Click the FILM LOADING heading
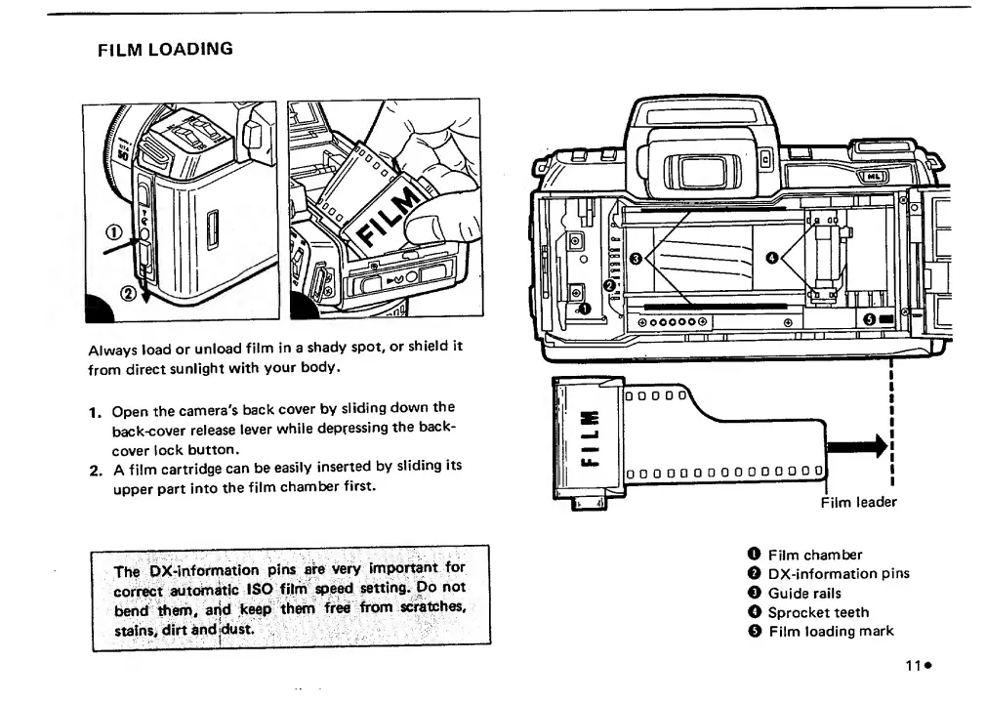point(165,49)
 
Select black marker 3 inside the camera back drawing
point(636,258)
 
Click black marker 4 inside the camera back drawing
point(773,258)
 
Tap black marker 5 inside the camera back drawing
point(869,321)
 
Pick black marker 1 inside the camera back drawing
point(585,309)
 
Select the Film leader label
point(858,502)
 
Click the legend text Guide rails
point(803,593)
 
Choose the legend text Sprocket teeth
point(817,612)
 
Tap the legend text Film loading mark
point(830,631)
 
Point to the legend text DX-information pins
point(838,573)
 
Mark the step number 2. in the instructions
point(97,469)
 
